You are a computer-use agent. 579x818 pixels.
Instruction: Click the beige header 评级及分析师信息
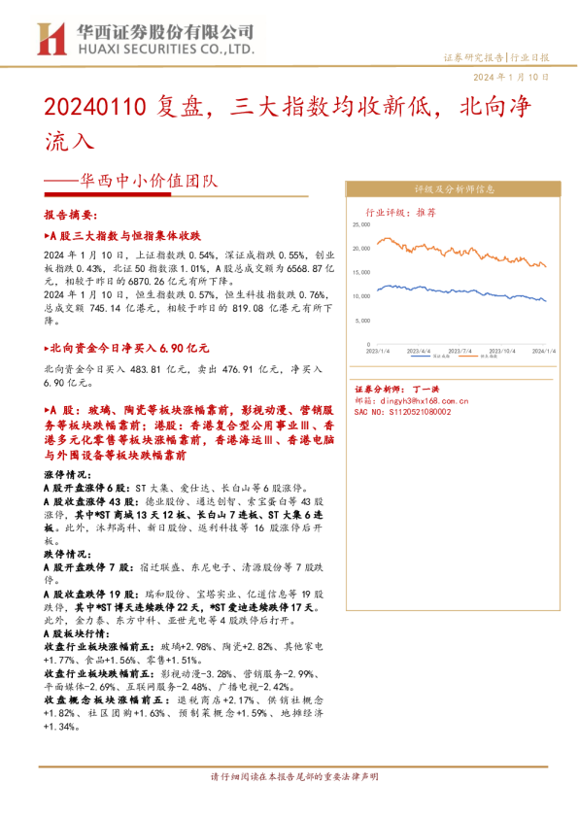pos(455,189)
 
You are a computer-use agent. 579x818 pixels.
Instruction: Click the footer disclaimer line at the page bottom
pos(289,777)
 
